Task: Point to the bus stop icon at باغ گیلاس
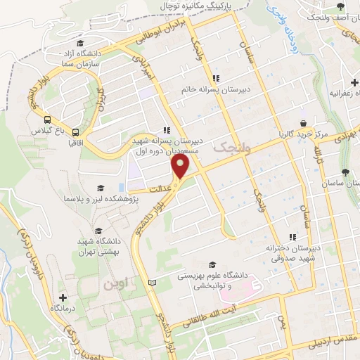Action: [x=47, y=120]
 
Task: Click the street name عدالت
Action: [x=160, y=189]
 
